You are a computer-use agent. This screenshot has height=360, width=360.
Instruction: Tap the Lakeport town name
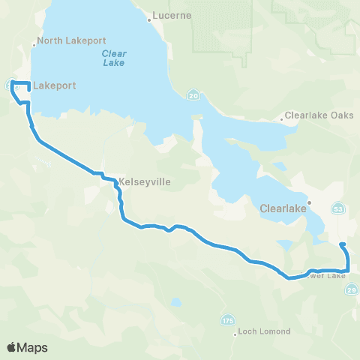coord(54,86)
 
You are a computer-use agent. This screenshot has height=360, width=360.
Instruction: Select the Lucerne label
coord(172,15)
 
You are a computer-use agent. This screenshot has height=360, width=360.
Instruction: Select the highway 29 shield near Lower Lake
coord(352,289)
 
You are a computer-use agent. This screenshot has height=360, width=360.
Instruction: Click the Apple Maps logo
coord(27,347)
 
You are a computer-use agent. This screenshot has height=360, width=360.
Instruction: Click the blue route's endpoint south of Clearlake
coord(342,244)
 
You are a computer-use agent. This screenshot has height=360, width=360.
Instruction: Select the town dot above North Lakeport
coord(34,45)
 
